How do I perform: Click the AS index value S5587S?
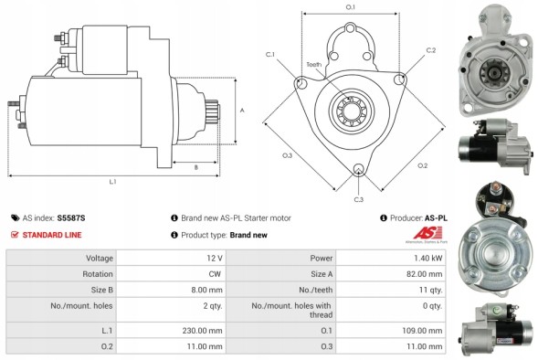[72, 218]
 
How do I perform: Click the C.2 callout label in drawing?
[430, 50]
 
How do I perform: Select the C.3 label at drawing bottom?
[358, 199]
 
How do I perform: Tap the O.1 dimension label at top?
[351, 7]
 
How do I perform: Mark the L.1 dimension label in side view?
[112, 182]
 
